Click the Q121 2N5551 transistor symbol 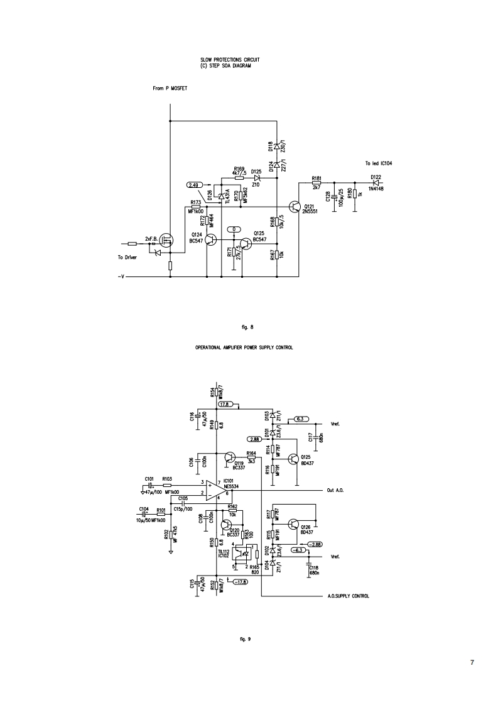coord(295,207)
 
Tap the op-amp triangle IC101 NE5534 coord(216,489)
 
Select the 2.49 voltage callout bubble coord(195,185)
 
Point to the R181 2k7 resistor coord(316,183)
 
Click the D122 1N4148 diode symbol coord(376,183)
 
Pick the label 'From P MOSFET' coord(170,89)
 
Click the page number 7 coord(472,662)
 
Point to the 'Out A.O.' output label coord(336,489)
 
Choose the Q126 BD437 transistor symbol coord(293,523)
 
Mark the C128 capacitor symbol coord(333,196)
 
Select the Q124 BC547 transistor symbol coord(210,240)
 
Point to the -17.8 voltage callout coord(239,582)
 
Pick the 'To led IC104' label coord(378,163)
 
